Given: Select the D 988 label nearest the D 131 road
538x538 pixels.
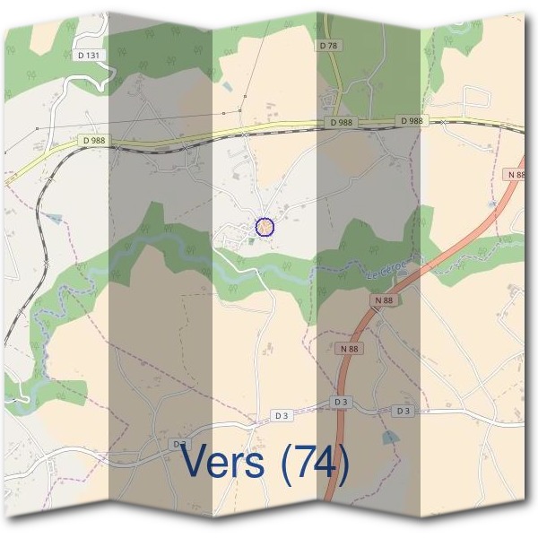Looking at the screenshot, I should [92, 140].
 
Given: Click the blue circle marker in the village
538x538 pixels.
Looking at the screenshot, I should [265, 227].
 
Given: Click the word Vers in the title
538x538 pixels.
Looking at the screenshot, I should [223, 461].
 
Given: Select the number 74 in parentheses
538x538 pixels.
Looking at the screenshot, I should [314, 461].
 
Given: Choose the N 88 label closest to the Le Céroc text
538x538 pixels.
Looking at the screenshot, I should [384, 300].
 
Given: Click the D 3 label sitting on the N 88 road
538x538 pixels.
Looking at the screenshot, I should [340, 403].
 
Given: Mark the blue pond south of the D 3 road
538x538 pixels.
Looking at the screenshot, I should [387, 437].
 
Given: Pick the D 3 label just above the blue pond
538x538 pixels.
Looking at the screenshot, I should [402, 410].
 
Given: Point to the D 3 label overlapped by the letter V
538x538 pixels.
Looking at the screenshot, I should [181, 443].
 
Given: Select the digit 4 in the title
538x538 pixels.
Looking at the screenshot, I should [326, 461].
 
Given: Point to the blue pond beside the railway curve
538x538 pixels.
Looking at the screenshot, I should [56, 218].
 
